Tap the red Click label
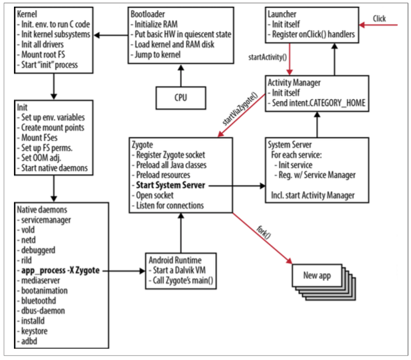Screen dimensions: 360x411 click(379, 19)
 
